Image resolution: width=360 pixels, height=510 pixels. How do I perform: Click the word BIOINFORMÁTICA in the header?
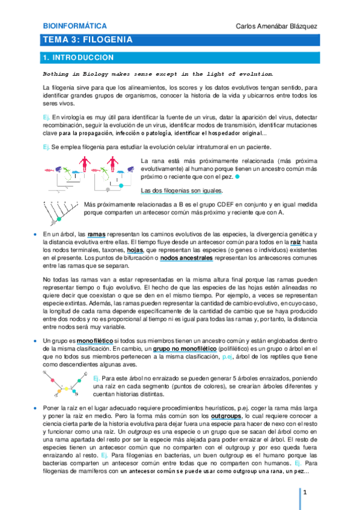coord(76,26)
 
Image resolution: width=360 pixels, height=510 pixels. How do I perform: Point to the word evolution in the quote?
coord(251,74)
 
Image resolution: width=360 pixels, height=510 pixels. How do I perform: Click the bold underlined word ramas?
coord(96,234)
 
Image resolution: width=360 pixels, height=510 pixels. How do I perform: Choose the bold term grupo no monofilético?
coord(186,349)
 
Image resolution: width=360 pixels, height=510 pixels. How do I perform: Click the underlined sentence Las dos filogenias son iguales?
coord(181,191)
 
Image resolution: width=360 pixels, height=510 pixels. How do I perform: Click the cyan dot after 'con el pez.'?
coord(238,179)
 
